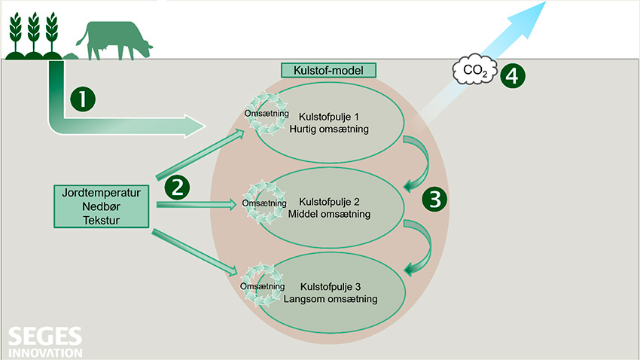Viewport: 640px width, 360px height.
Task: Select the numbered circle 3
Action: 434,198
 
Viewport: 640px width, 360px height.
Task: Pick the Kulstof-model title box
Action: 328,71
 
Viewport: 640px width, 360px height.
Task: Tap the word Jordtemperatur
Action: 102,191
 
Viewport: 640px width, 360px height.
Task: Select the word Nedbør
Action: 102,205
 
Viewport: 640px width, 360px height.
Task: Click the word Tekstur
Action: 102,218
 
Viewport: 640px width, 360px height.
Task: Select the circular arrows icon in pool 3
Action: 263,286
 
